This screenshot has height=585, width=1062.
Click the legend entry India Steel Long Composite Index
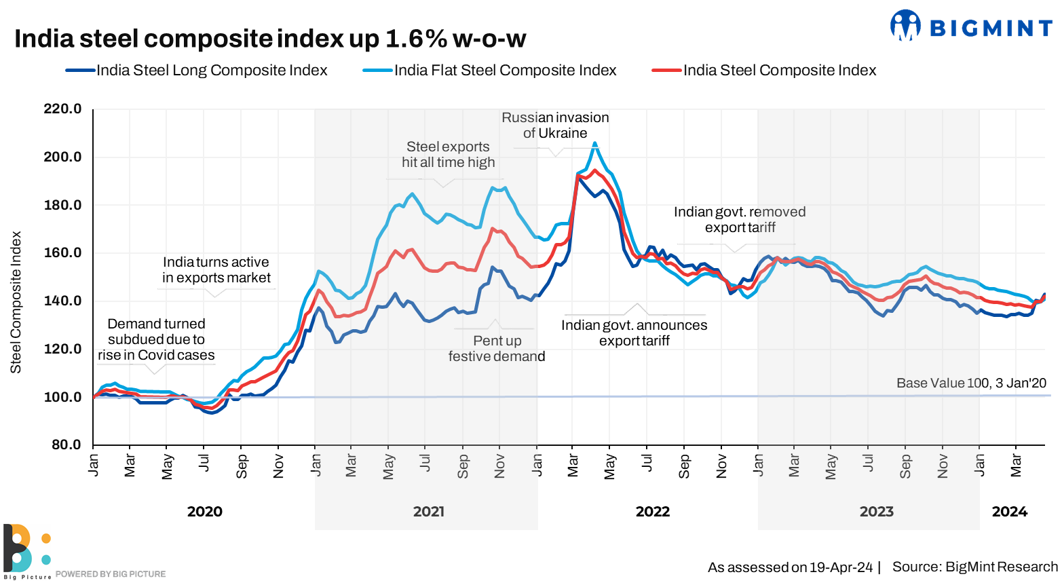point(211,71)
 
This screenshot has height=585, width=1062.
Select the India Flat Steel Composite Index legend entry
point(505,71)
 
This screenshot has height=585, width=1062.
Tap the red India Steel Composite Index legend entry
point(779,71)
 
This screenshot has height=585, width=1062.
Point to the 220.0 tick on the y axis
point(62,109)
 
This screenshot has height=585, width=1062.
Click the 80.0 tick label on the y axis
point(62,445)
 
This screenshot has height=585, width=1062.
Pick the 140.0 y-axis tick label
point(62,301)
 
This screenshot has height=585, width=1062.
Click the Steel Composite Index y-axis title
point(16,302)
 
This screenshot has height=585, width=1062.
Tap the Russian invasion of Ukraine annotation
point(555,126)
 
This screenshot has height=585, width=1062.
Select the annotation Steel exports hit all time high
point(448,155)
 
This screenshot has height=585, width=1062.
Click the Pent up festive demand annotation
point(497,348)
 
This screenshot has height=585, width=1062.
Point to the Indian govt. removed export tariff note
point(740,220)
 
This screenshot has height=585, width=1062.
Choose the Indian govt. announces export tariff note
point(634,333)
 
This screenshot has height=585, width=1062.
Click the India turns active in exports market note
point(216,270)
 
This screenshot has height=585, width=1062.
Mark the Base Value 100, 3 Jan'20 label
point(971,383)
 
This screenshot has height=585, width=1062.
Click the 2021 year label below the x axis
point(429,512)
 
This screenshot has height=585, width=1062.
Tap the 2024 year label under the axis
point(1009,512)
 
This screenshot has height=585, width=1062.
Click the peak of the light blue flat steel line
point(595,143)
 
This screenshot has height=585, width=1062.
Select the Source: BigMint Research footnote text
point(974,567)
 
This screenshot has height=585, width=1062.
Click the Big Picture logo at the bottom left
point(26,550)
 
